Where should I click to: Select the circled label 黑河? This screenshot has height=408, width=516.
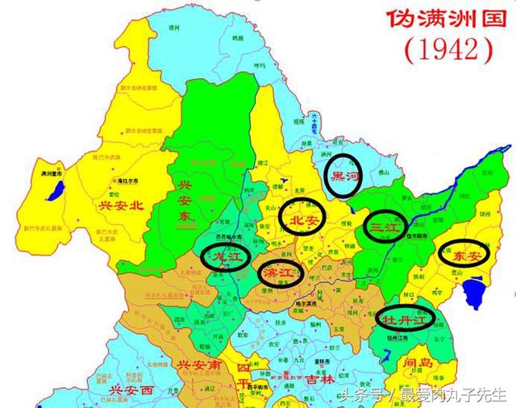[347, 173]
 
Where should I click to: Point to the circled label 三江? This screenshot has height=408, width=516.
[383, 228]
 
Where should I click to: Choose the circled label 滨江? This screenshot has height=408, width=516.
[279, 273]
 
